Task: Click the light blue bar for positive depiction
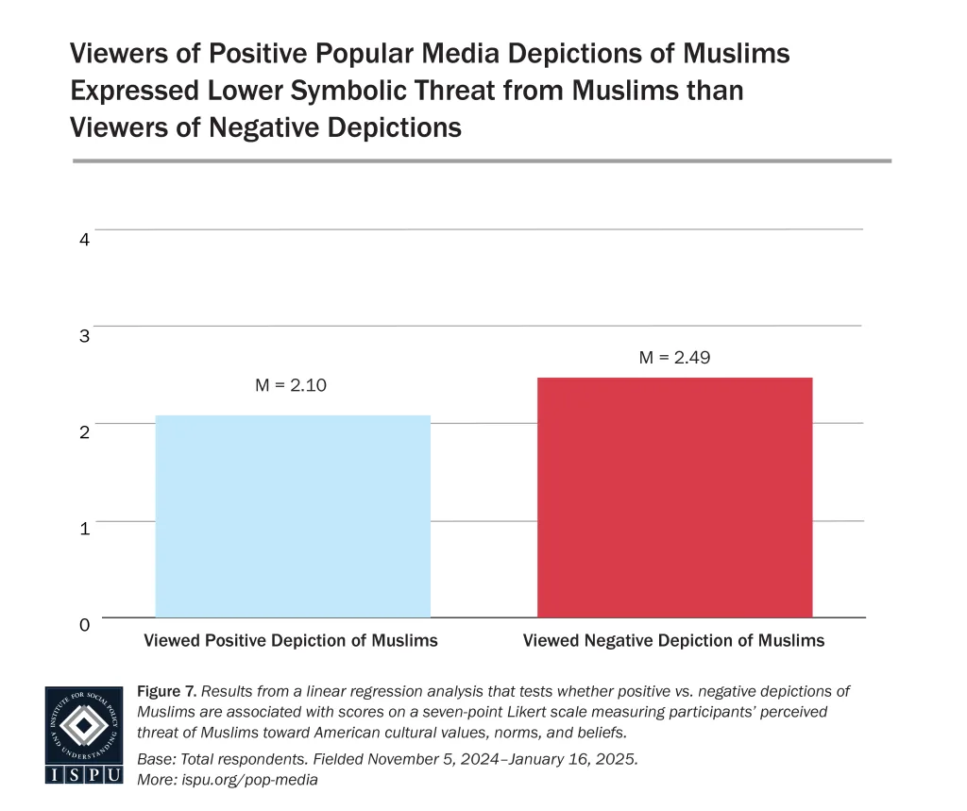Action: click(293, 516)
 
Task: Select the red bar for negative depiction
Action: click(674, 498)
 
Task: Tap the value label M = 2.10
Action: click(292, 385)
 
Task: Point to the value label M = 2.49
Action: click(673, 357)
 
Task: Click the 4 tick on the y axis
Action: click(84, 240)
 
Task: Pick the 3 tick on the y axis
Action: click(84, 336)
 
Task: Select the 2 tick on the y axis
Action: click(84, 432)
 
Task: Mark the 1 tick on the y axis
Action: click(84, 529)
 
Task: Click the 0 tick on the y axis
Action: click(84, 625)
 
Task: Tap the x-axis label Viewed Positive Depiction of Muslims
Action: click(291, 641)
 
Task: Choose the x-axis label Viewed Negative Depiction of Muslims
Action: click(673, 641)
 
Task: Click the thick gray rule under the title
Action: click(482, 161)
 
